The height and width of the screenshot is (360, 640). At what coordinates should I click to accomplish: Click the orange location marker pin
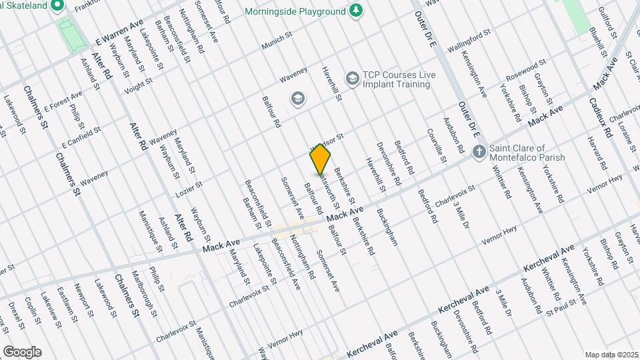[x=320, y=160]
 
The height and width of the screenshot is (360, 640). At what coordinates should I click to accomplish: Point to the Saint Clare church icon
[x=478, y=153]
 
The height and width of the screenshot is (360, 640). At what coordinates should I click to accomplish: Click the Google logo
[x=22, y=351]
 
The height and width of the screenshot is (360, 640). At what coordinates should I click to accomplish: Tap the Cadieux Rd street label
[x=600, y=117]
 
